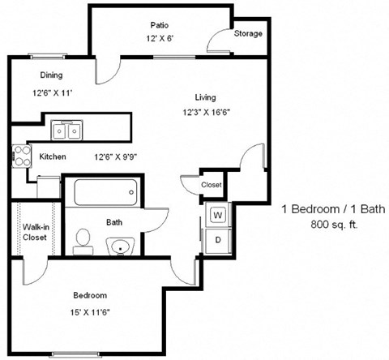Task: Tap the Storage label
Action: pyautogui.click(x=248, y=34)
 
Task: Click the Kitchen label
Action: pyautogui.click(x=52, y=156)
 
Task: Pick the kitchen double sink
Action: pyautogui.click(x=66, y=130)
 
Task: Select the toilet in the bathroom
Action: pyautogui.click(x=81, y=238)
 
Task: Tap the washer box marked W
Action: pyautogui.click(x=217, y=215)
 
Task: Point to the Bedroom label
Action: pyautogui.click(x=90, y=295)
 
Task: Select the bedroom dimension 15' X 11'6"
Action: pyautogui.click(x=90, y=313)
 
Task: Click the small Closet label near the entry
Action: pyautogui.click(x=211, y=185)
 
